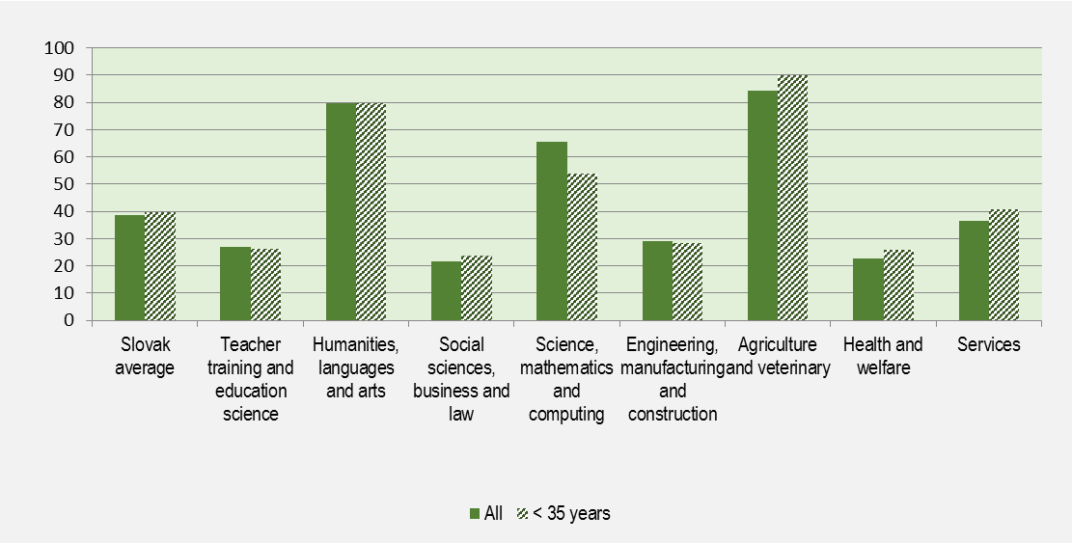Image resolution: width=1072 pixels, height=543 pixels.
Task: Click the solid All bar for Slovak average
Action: (129, 267)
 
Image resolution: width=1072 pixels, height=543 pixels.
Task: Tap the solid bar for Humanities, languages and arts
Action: (341, 211)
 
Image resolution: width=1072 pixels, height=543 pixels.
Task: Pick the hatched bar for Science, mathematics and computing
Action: (582, 247)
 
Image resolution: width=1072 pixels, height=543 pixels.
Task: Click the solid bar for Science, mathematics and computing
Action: (552, 231)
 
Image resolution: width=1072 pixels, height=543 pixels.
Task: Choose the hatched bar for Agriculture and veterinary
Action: (793, 198)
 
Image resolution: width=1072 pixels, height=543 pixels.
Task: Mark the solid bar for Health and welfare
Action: (868, 288)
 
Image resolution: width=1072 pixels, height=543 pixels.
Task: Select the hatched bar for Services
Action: (1004, 264)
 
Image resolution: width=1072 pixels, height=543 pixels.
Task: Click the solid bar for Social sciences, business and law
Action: (446, 290)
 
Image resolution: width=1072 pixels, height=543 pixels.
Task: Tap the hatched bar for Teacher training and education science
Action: (265, 284)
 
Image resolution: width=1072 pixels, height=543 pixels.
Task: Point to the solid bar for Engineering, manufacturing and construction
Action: (657, 280)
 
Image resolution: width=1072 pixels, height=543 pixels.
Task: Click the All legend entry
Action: (486, 513)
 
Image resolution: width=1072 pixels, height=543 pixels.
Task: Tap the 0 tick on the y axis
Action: (69, 320)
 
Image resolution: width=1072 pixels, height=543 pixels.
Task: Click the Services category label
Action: (989, 344)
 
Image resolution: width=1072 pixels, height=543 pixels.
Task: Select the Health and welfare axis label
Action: (883, 356)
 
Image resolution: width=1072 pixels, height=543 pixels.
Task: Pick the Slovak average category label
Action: (147, 356)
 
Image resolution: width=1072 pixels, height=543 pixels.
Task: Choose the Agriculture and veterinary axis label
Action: (778, 356)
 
